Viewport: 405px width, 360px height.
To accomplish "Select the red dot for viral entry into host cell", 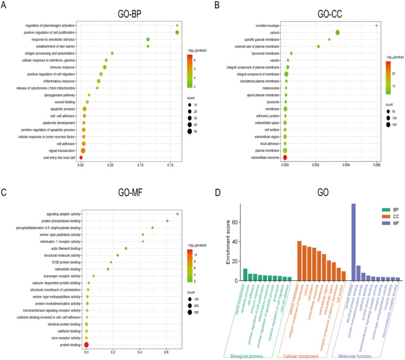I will pos(81,157).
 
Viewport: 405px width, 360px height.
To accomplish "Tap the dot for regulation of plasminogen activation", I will pos(177,26).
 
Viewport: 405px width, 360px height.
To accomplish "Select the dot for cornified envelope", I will pos(376,26).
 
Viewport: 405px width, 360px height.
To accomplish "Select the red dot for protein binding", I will pos(86,345).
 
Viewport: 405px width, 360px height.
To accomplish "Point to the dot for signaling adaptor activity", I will pos(177,214).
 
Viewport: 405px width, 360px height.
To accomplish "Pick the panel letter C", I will pos(4,194).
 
